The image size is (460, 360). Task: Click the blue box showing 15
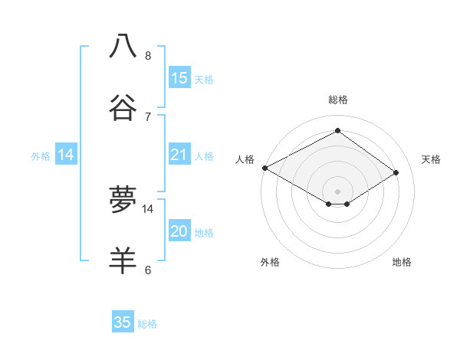[x=179, y=77]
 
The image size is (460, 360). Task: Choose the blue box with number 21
[x=179, y=155]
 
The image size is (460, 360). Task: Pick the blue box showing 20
[x=179, y=231]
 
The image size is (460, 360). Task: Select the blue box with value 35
[x=123, y=322]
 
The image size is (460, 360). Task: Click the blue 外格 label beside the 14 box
[x=41, y=155]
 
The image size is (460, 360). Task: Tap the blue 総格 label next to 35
[x=147, y=324]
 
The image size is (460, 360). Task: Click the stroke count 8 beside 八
[x=148, y=56]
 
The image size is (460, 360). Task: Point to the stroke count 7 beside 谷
[x=148, y=116]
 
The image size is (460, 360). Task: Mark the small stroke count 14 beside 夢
[x=148, y=208]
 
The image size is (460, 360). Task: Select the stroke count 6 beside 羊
[x=148, y=270]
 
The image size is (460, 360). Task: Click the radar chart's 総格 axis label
[x=337, y=100]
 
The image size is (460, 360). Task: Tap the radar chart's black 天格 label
[x=431, y=159]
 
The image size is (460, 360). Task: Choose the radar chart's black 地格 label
[x=402, y=262]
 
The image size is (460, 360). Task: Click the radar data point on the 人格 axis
[x=264, y=168]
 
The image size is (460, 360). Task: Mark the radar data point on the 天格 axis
[x=396, y=173]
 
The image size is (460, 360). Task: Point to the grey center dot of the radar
[x=337, y=191]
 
